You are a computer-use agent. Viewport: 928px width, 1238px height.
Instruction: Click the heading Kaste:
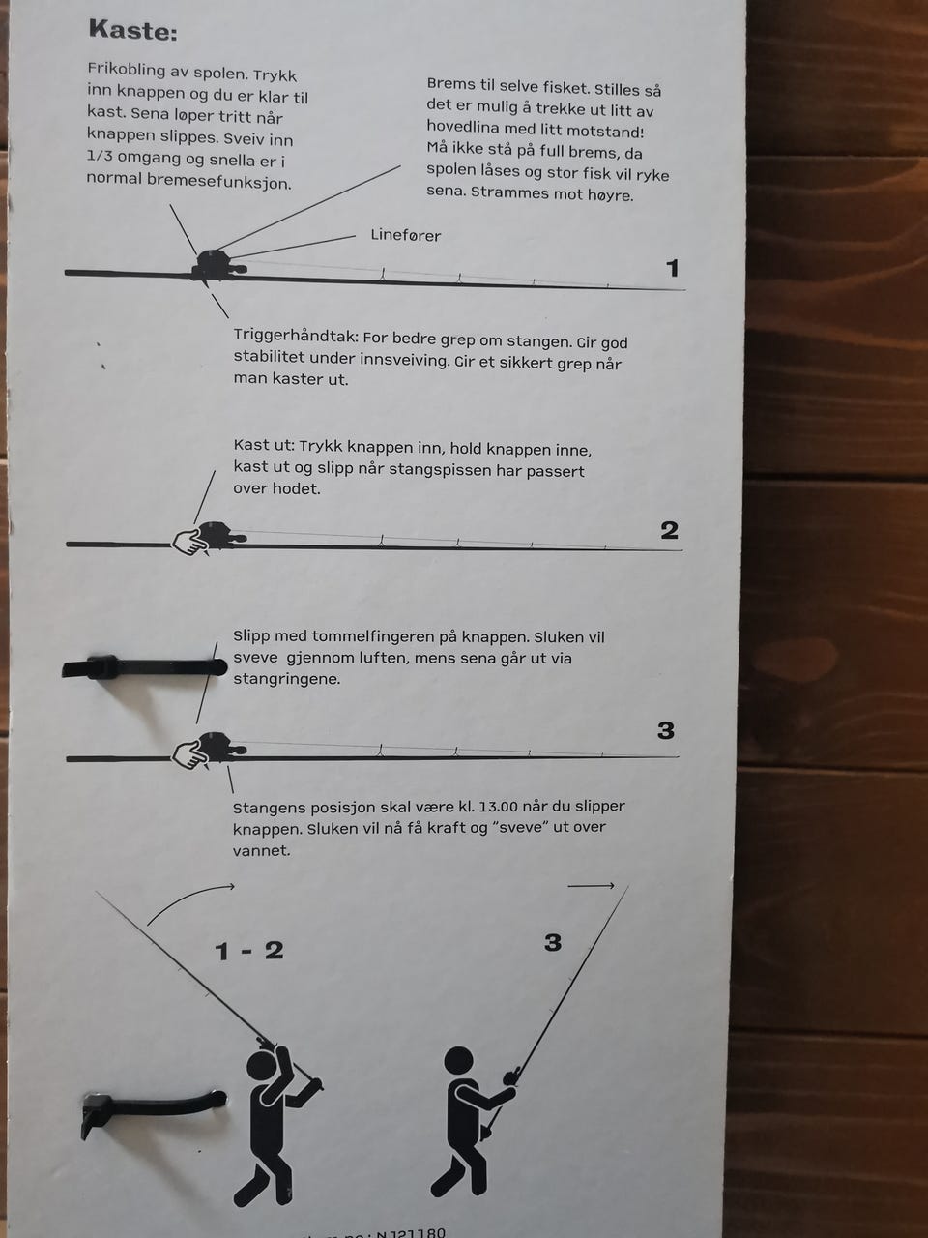tap(133, 30)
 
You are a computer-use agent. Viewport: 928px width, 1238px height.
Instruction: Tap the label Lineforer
tap(406, 235)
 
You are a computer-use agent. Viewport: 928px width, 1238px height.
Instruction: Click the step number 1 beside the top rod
tap(672, 269)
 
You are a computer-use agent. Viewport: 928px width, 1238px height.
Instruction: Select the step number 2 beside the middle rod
tap(669, 530)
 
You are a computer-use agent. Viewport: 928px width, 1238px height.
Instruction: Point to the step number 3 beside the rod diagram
tap(665, 730)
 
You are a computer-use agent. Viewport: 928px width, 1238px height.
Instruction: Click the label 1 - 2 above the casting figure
tap(249, 951)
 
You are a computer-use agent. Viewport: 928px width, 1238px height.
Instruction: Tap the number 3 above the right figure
tap(553, 942)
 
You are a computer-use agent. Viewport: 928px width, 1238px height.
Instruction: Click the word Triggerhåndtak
tap(295, 337)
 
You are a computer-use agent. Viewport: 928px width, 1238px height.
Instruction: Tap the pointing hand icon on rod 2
tap(189, 542)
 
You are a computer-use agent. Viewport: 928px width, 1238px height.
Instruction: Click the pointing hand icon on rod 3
tap(189, 754)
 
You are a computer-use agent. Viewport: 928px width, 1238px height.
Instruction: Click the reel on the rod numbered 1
tap(217, 265)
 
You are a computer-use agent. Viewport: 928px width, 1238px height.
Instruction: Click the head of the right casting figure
tap(458, 1060)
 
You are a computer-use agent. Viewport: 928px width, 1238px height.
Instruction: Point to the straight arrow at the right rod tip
tap(591, 887)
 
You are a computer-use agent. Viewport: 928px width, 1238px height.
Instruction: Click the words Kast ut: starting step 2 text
tap(264, 445)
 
